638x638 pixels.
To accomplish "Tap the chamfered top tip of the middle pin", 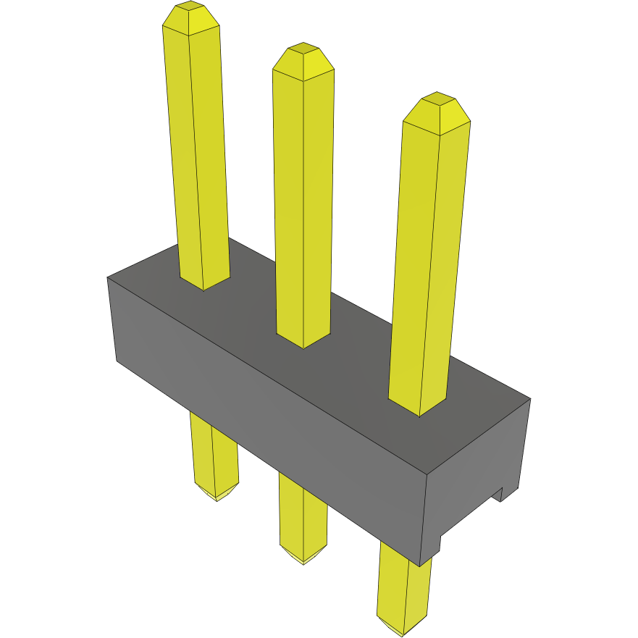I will [303, 61].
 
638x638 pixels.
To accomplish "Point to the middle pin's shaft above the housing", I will [303, 203].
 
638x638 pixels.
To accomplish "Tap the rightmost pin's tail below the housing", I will [404, 587].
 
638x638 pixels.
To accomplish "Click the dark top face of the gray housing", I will [348, 340].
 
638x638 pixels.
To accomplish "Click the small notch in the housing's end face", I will [499, 495].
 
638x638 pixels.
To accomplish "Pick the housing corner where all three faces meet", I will [427, 474].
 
